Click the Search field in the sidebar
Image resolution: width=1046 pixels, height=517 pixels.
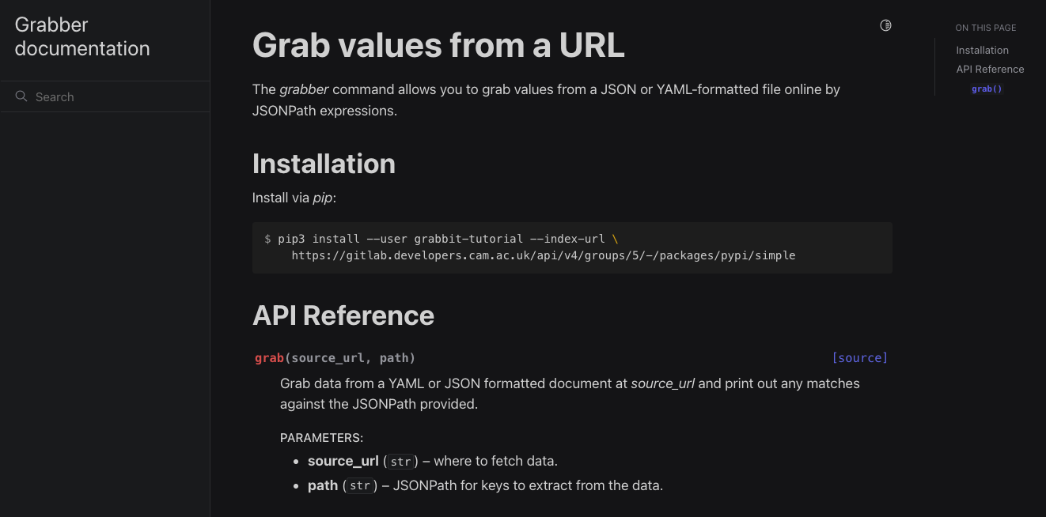click(x=105, y=96)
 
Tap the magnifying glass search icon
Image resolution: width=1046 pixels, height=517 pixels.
click(x=21, y=96)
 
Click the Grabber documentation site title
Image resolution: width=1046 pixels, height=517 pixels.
click(x=82, y=36)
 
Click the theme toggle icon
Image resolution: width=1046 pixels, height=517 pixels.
click(x=885, y=25)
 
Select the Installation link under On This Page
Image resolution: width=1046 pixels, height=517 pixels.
click(x=982, y=50)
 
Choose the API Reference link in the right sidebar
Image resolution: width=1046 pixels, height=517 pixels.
click(x=990, y=69)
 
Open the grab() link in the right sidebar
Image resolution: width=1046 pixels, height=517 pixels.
click(x=987, y=89)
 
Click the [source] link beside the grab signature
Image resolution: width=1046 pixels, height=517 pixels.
click(x=860, y=358)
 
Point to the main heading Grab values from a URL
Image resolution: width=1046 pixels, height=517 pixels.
click(x=438, y=45)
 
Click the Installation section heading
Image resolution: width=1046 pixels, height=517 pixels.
click(x=324, y=164)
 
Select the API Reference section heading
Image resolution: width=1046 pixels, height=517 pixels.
click(x=343, y=315)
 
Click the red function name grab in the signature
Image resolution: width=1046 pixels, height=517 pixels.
click(x=270, y=358)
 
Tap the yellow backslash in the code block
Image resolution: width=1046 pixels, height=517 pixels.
click(x=615, y=239)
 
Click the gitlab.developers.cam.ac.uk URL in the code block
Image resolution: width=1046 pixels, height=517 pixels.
click(x=544, y=255)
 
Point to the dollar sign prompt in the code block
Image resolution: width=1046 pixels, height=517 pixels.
click(x=267, y=239)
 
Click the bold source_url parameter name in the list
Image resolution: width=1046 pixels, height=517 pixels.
click(x=343, y=461)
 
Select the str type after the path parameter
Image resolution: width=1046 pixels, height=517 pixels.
click(x=360, y=485)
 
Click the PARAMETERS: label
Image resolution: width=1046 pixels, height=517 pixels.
click(x=321, y=438)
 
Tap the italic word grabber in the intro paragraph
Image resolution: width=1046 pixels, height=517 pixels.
click(x=304, y=89)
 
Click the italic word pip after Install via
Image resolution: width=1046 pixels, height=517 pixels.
click(x=323, y=198)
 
